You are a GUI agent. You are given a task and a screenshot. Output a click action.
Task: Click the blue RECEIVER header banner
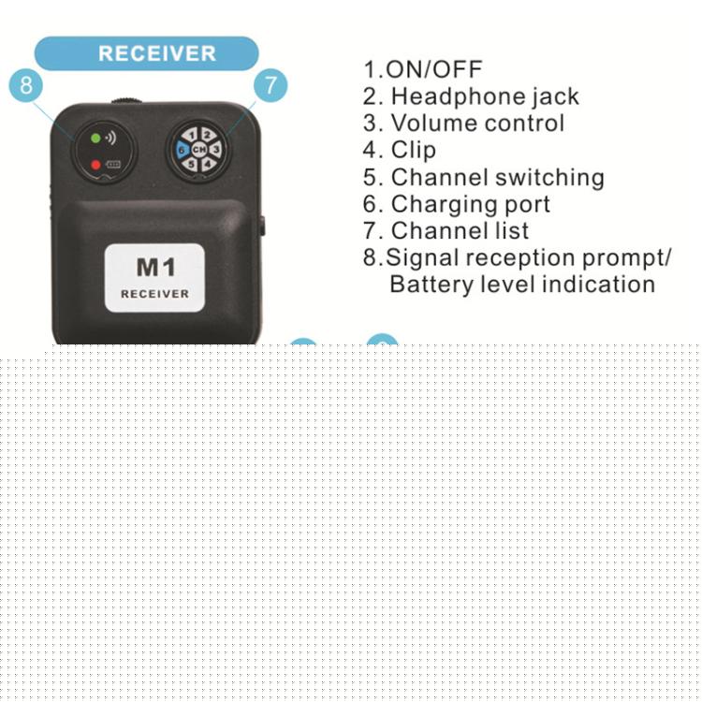pyautogui.click(x=146, y=53)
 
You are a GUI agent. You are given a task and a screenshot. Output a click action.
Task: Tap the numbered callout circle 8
pyautogui.click(x=26, y=84)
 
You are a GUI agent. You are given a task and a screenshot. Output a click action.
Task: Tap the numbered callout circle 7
pyautogui.click(x=271, y=84)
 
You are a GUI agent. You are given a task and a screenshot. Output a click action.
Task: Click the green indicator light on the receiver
pyautogui.click(x=95, y=139)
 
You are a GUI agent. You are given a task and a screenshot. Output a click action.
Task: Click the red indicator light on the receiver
pyautogui.click(x=95, y=165)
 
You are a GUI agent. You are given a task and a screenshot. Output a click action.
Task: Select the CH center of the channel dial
pyautogui.click(x=198, y=150)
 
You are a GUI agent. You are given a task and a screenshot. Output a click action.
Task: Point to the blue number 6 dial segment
pyautogui.click(x=182, y=150)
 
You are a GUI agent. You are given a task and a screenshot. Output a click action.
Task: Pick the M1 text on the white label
pyautogui.click(x=155, y=268)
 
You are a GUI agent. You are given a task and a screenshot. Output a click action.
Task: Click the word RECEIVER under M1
pyautogui.click(x=154, y=294)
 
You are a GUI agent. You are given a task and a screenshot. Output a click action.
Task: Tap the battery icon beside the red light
pyautogui.click(x=113, y=165)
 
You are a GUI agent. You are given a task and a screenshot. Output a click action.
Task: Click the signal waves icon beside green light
pyautogui.click(x=110, y=138)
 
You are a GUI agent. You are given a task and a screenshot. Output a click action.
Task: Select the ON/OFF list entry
pyautogui.click(x=423, y=69)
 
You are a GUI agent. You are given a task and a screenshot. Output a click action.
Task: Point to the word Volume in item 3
pyautogui.click(x=434, y=124)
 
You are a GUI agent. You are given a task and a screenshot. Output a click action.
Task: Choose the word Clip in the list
pyautogui.click(x=413, y=151)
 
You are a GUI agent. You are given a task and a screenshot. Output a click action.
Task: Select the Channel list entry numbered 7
pyautogui.click(x=446, y=231)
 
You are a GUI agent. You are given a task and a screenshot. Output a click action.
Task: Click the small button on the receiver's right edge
pyautogui.click(x=262, y=227)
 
